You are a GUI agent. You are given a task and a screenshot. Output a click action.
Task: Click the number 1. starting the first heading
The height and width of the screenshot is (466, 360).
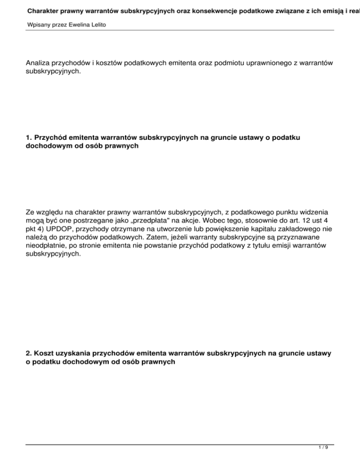29,138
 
